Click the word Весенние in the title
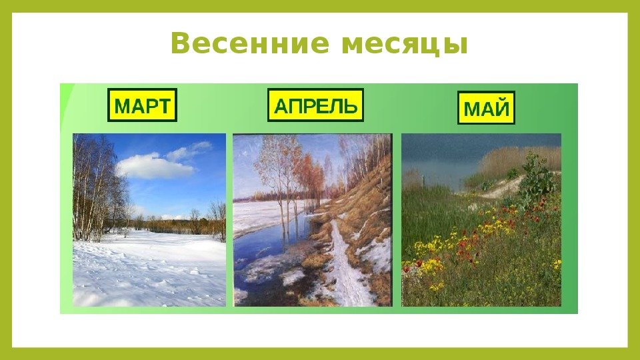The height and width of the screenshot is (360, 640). (x=249, y=43)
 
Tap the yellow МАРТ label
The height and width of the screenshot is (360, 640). (x=142, y=105)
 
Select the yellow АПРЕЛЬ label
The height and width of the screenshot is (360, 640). (x=315, y=105)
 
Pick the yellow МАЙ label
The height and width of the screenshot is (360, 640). (x=486, y=108)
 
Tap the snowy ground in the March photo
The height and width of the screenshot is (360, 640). (x=149, y=269)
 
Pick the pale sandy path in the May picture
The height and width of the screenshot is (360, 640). (x=503, y=189)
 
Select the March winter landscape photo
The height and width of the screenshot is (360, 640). (x=149, y=220)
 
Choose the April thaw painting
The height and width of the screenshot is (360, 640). (x=313, y=220)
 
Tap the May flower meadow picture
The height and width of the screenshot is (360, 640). (x=481, y=220)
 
